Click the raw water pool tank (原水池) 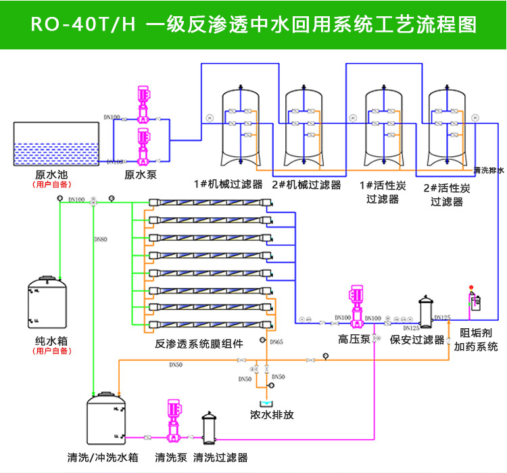(58, 144)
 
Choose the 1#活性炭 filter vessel (383, 129)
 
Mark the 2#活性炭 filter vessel (447, 129)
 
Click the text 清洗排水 (489, 171)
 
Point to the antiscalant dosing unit (475, 301)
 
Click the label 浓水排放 (272, 414)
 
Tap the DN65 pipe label (276, 342)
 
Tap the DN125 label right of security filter (443, 317)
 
